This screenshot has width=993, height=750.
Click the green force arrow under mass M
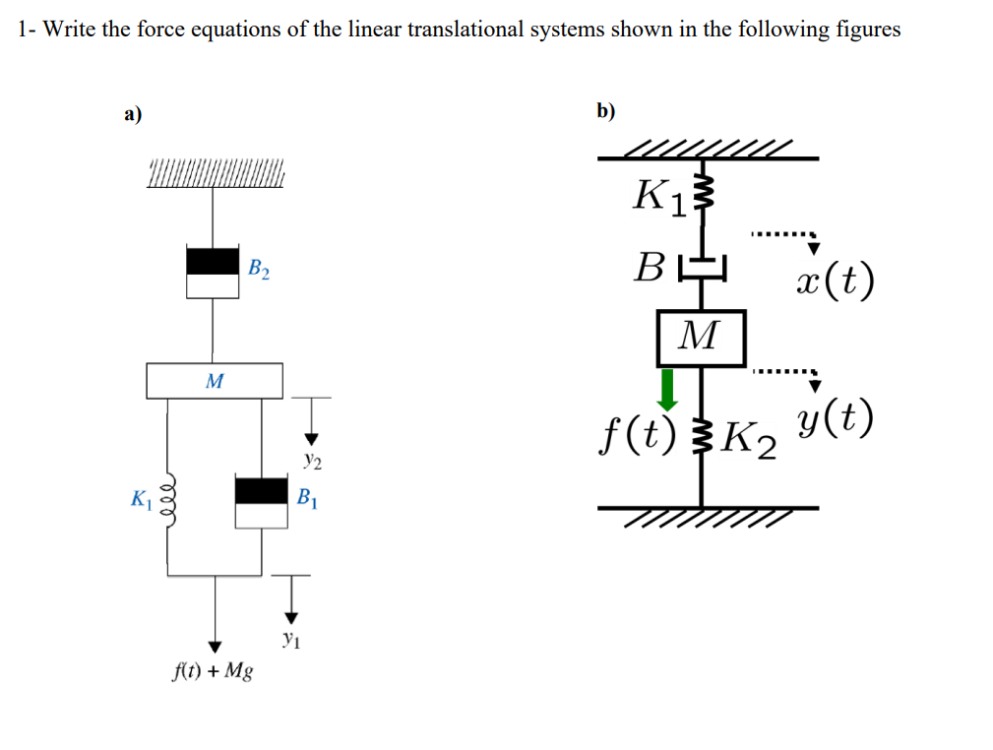click(668, 390)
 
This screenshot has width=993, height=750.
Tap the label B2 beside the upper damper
click(260, 267)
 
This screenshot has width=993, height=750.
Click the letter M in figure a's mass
click(214, 380)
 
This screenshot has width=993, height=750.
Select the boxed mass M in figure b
click(700, 337)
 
